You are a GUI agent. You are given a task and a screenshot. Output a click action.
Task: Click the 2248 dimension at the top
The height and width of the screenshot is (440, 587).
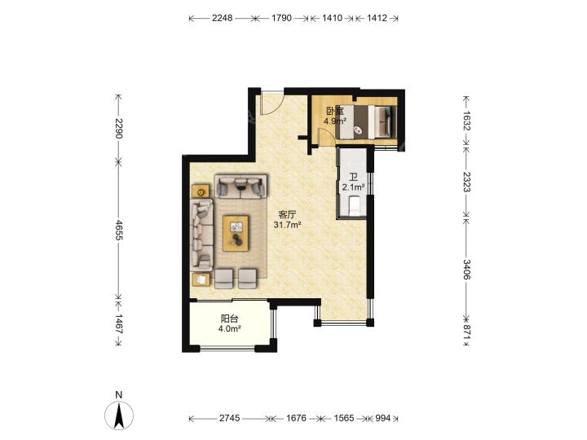[x=223, y=18]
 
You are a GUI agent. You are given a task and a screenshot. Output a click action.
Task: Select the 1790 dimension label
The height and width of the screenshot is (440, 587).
[x=281, y=18]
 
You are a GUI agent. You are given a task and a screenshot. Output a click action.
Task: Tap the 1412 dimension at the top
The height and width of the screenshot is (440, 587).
[x=377, y=18]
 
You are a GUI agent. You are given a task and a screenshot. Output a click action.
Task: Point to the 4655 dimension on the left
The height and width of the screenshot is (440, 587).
[x=119, y=230]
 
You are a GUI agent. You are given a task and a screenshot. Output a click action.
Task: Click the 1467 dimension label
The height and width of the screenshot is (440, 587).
[x=119, y=324]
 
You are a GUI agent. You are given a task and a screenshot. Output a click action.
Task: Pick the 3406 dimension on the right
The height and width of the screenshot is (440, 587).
[x=466, y=270]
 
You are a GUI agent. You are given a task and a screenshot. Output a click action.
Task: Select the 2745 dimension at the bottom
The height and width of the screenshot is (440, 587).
[x=229, y=418]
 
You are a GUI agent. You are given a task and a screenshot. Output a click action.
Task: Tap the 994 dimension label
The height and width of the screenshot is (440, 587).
[x=382, y=418]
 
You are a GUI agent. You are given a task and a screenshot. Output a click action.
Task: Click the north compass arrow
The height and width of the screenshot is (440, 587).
[x=119, y=416]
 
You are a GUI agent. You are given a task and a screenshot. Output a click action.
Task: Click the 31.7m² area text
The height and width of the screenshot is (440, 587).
[x=288, y=225]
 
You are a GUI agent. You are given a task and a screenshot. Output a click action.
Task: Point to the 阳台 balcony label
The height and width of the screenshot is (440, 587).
[x=229, y=319]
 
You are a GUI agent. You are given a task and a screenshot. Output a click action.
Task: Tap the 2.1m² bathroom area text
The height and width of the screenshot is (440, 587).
[x=353, y=187]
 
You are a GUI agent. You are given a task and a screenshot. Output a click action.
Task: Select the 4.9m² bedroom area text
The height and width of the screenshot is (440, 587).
[x=335, y=121]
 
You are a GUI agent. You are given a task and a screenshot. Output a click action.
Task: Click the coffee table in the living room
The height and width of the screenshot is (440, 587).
[x=236, y=233]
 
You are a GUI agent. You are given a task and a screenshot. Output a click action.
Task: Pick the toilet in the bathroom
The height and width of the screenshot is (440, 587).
[x=354, y=206]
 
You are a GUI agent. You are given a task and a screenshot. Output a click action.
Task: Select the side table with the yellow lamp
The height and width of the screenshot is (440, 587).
[x=201, y=191]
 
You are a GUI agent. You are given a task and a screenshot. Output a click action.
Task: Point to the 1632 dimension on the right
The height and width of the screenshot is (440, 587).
[x=466, y=121]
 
